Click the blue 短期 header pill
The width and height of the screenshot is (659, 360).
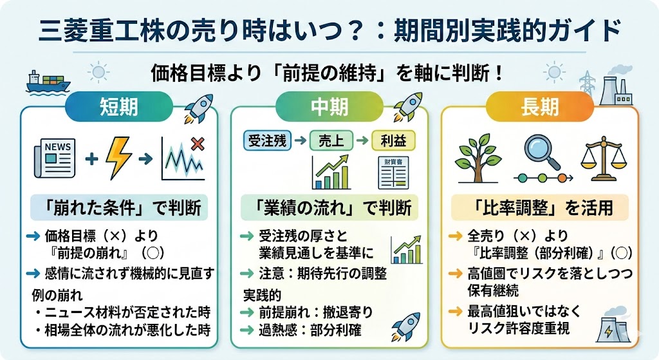pyautogui.click(x=119, y=106)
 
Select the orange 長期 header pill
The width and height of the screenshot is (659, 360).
pyautogui.click(x=539, y=106)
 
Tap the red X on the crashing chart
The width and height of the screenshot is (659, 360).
pyautogui.click(x=197, y=145)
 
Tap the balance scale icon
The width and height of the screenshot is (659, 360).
pyautogui.click(x=603, y=157)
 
